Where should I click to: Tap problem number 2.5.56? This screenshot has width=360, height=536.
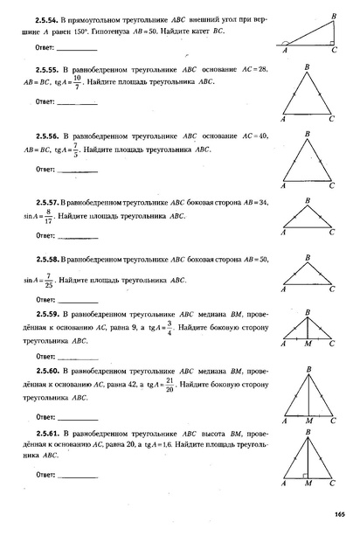tap(47, 136)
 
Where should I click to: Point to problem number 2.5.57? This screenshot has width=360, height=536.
tap(47, 201)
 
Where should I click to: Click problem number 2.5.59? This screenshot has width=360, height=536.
tap(47, 312)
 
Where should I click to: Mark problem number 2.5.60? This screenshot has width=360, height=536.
tap(47, 371)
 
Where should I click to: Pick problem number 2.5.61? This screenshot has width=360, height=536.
tap(47, 431)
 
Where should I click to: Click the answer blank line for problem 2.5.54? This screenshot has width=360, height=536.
tap(77, 49)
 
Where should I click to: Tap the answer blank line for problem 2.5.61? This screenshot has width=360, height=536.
tap(77, 477)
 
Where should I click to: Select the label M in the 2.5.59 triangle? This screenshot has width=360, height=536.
tap(308, 345)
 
